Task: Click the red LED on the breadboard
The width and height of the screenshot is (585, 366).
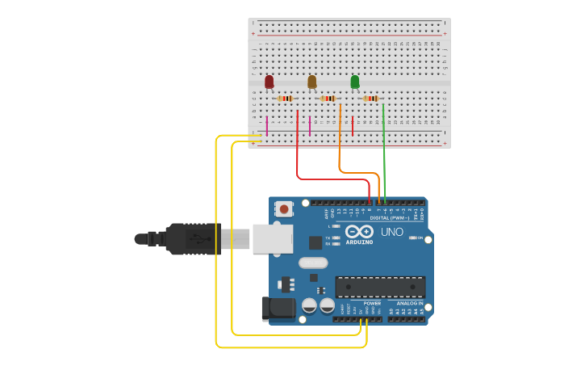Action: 270,82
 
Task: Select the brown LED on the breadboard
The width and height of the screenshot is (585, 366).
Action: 312,82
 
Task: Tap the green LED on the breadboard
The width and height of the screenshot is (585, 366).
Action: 355,82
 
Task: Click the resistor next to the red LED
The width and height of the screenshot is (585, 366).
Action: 285,99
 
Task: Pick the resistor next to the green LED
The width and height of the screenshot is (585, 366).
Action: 371,99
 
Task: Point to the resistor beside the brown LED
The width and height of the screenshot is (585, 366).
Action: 328,99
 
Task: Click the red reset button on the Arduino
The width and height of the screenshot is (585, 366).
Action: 283,208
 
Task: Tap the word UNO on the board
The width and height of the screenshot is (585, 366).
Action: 392,232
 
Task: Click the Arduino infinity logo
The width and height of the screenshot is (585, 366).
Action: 359,232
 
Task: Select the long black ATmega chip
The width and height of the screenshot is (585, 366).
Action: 380,286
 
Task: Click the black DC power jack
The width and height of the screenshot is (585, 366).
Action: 277,309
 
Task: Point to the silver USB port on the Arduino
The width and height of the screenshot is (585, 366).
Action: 272,239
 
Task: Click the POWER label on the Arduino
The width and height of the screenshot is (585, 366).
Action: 372,304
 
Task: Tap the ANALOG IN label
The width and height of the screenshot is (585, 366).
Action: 409,304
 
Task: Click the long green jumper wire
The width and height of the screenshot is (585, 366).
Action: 384,154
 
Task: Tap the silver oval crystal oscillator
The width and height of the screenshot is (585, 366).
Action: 313,263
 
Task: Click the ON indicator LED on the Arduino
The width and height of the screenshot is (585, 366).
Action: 413,238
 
